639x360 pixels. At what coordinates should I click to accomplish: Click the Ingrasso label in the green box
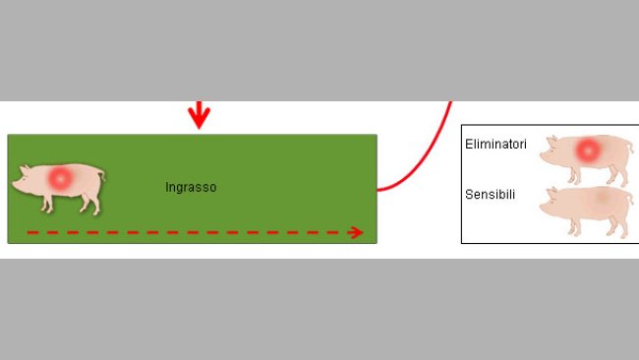point(191,187)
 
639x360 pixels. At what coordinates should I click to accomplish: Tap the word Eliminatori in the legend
point(495,145)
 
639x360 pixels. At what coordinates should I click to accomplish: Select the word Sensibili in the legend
point(490,195)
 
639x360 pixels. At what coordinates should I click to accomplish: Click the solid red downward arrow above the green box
point(200,116)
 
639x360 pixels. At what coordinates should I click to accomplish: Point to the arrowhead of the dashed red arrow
point(357,232)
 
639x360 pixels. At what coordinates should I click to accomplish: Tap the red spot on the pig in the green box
point(61,178)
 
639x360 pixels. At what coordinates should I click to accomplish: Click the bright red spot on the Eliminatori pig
point(588,150)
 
